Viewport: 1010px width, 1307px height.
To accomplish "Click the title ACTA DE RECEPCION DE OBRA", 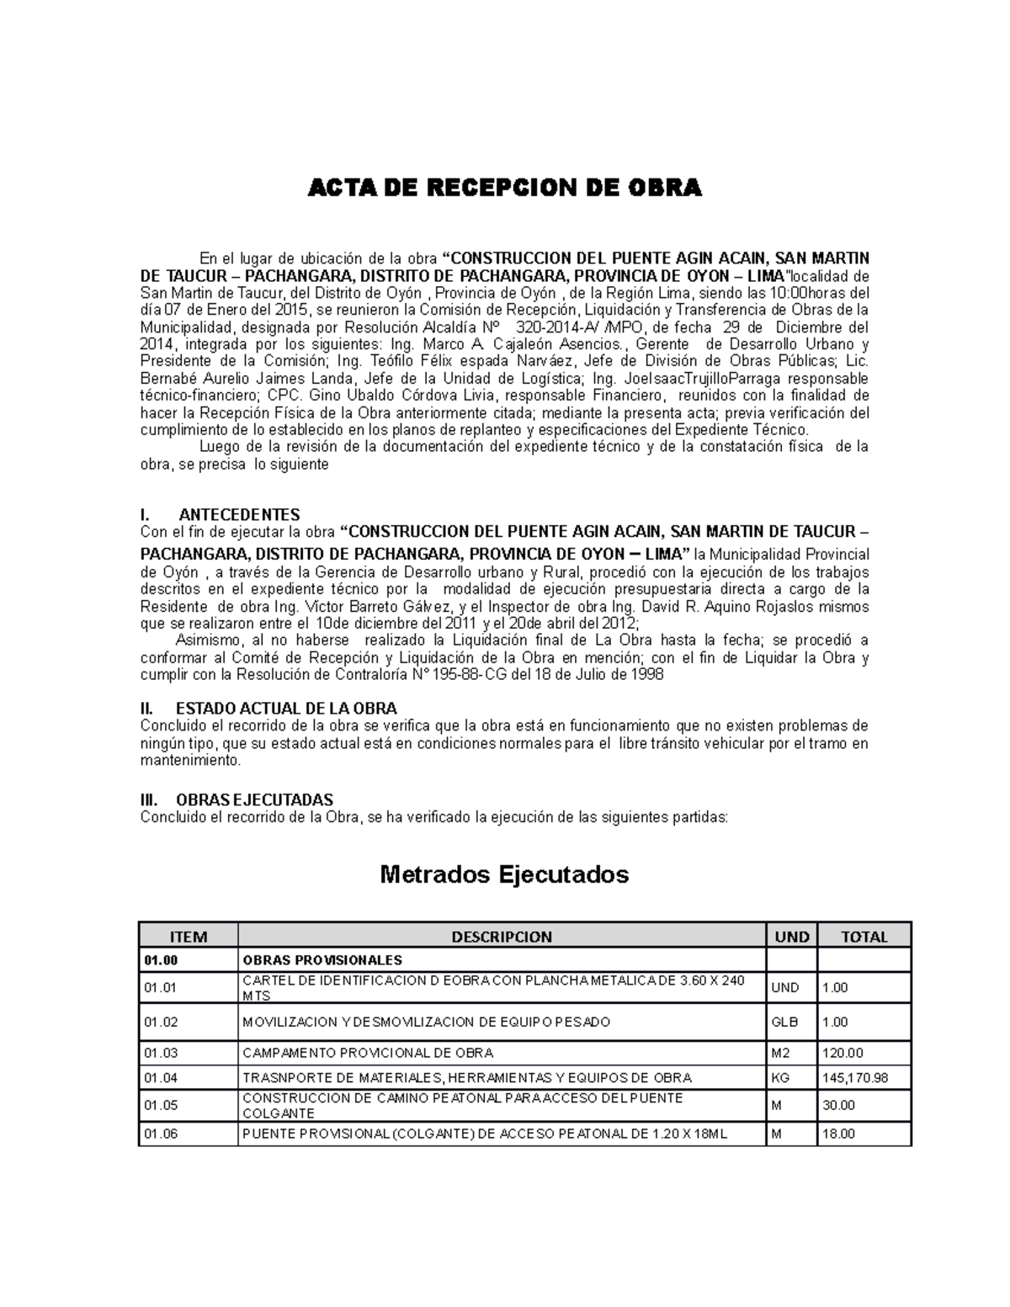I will [504, 188].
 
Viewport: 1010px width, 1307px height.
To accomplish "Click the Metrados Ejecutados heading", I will [504, 874].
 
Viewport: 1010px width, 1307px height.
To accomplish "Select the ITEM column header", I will [188, 937].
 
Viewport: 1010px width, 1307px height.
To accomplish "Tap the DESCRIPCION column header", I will [502, 937].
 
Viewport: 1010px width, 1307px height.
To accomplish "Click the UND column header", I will [791, 937].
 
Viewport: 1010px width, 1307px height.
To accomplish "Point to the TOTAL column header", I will [864, 937].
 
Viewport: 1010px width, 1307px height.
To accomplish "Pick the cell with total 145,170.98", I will [855, 1077].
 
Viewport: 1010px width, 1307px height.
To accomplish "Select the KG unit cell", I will [780, 1077].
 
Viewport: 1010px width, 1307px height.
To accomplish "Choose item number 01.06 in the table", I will [161, 1134].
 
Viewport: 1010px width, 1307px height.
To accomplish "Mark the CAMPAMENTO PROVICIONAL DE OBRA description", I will [368, 1053].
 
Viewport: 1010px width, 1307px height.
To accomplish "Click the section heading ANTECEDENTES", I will [239, 514].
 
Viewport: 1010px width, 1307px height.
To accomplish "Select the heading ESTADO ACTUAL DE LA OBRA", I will [286, 708].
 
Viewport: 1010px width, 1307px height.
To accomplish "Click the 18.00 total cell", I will [838, 1134].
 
